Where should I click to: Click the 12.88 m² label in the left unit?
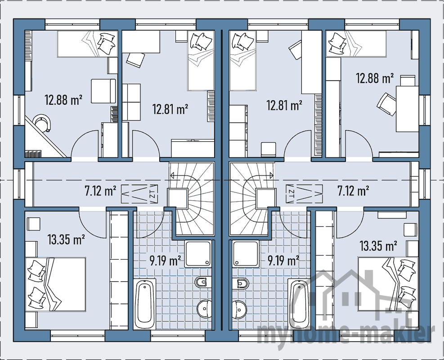pyautogui.click(x=63, y=99)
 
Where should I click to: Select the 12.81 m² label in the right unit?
pyautogui.click(x=284, y=106)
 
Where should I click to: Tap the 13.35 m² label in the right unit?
pyautogui.click(x=378, y=246)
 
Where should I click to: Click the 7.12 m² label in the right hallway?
pyautogui.click(x=353, y=191)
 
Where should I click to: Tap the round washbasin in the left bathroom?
pyautogui.click(x=205, y=308)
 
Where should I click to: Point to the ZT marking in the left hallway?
pyautogui.click(x=152, y=194)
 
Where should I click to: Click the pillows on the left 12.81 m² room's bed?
pyautogui.click(x=200, y=41)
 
